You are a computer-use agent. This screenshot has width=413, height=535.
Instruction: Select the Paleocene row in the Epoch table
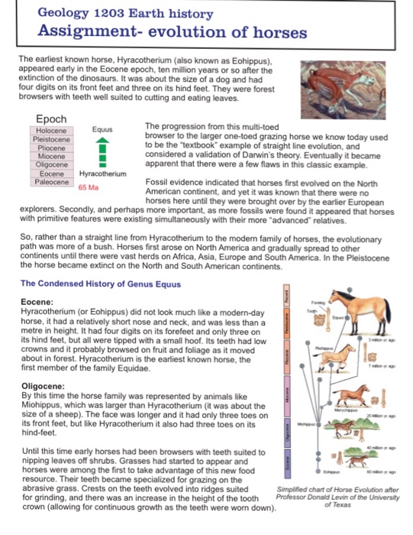pos(52,182)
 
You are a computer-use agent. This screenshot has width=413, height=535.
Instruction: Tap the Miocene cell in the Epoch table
pos(52,156)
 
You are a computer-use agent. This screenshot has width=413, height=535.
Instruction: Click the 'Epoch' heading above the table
pos(52,118)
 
